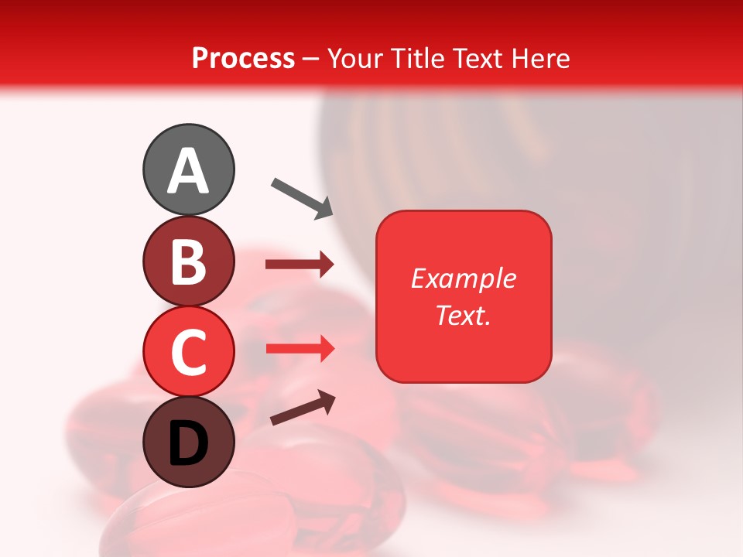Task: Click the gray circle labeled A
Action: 188,169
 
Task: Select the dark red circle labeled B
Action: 188,261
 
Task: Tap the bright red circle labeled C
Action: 188,351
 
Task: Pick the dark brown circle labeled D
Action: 188,442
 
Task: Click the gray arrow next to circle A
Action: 302,197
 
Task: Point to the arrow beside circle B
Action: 300,265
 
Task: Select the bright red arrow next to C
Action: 300,349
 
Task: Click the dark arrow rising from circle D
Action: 303,408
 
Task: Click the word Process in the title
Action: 243,58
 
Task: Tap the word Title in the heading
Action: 418,58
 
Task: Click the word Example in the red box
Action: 463,278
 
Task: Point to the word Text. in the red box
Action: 463,315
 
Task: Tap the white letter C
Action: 188,352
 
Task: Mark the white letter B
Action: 188,261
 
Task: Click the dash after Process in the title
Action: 311,59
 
